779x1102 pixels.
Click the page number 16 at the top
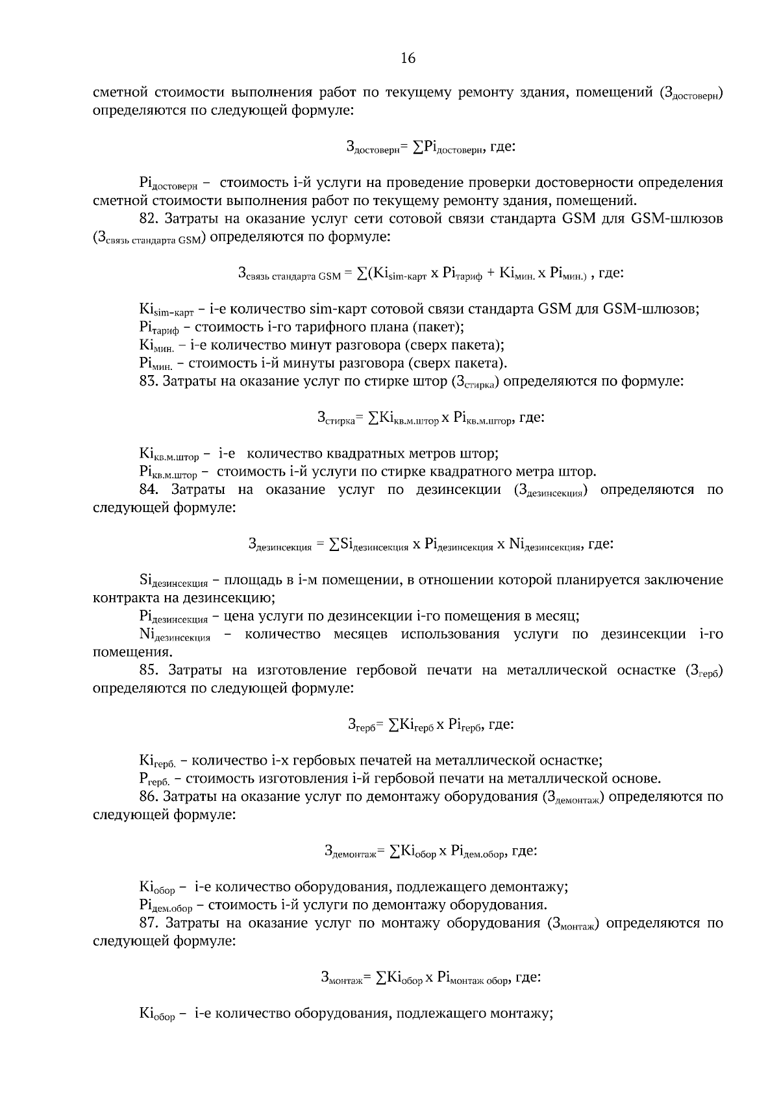(408, 58)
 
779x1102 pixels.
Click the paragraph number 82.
(151, 219)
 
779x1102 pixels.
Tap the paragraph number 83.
(151, 381)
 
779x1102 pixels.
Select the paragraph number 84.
(151, 489)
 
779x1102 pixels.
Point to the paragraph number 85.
(151, 670)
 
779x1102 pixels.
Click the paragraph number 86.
(151, 796)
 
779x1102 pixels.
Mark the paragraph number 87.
(151, 922)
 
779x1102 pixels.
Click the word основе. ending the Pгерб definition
(636, 778)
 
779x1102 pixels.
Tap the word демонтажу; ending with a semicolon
(528, 887)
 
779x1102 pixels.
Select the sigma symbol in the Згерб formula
(394, 724)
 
